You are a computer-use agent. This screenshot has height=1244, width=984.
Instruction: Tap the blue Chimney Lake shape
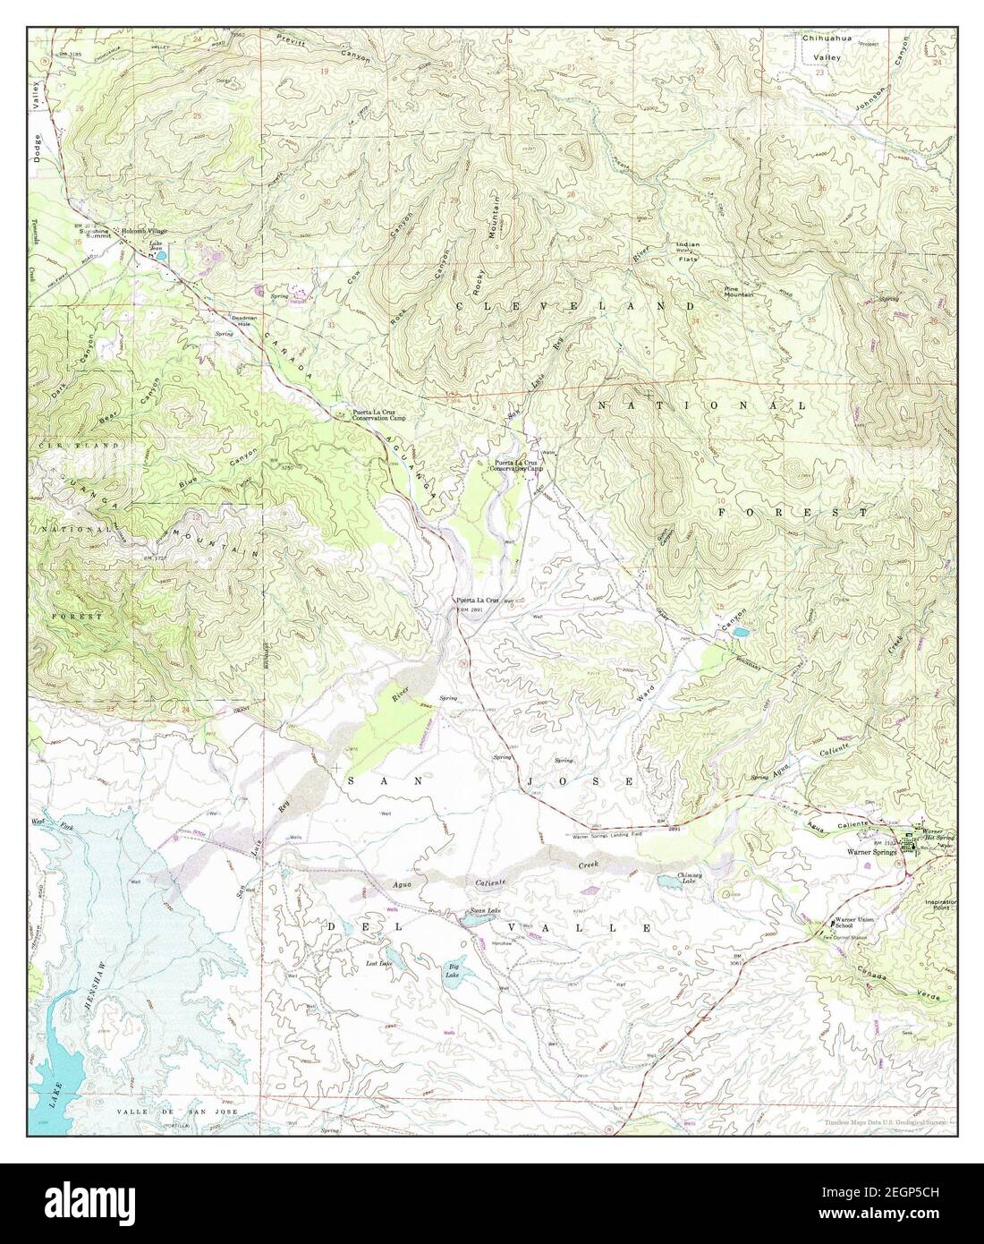coord(668,883)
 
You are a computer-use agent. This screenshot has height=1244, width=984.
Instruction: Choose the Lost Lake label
coord(379,963)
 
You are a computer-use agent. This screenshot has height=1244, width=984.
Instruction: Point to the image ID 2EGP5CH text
coord(908,1194)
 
